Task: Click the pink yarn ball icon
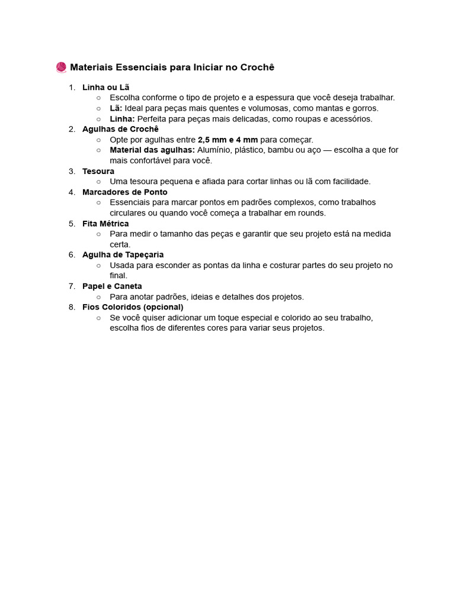click(x=61, y=67)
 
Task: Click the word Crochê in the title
click(x=257, y=67)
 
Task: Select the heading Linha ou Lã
click(x=105, y=88)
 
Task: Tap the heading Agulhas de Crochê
click(x=120, y=129)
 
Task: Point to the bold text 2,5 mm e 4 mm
click(x=227, y=140)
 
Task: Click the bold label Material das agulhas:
click(x=152, y=150)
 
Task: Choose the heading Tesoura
click(x=98, y=171)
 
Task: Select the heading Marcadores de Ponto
click(x=124, y=192)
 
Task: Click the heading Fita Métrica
click(x=105, y=224)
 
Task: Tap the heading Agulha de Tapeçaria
click(x=123, y=254)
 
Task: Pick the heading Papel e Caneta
click(x=112, y=286)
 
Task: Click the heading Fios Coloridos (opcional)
click(x=133, y=307)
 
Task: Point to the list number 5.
click(x=72, y=224)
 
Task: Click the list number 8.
click(x=72, y=307)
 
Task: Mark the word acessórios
click(x=351, y=119)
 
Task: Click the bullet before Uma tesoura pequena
click(x=98, y=182)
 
